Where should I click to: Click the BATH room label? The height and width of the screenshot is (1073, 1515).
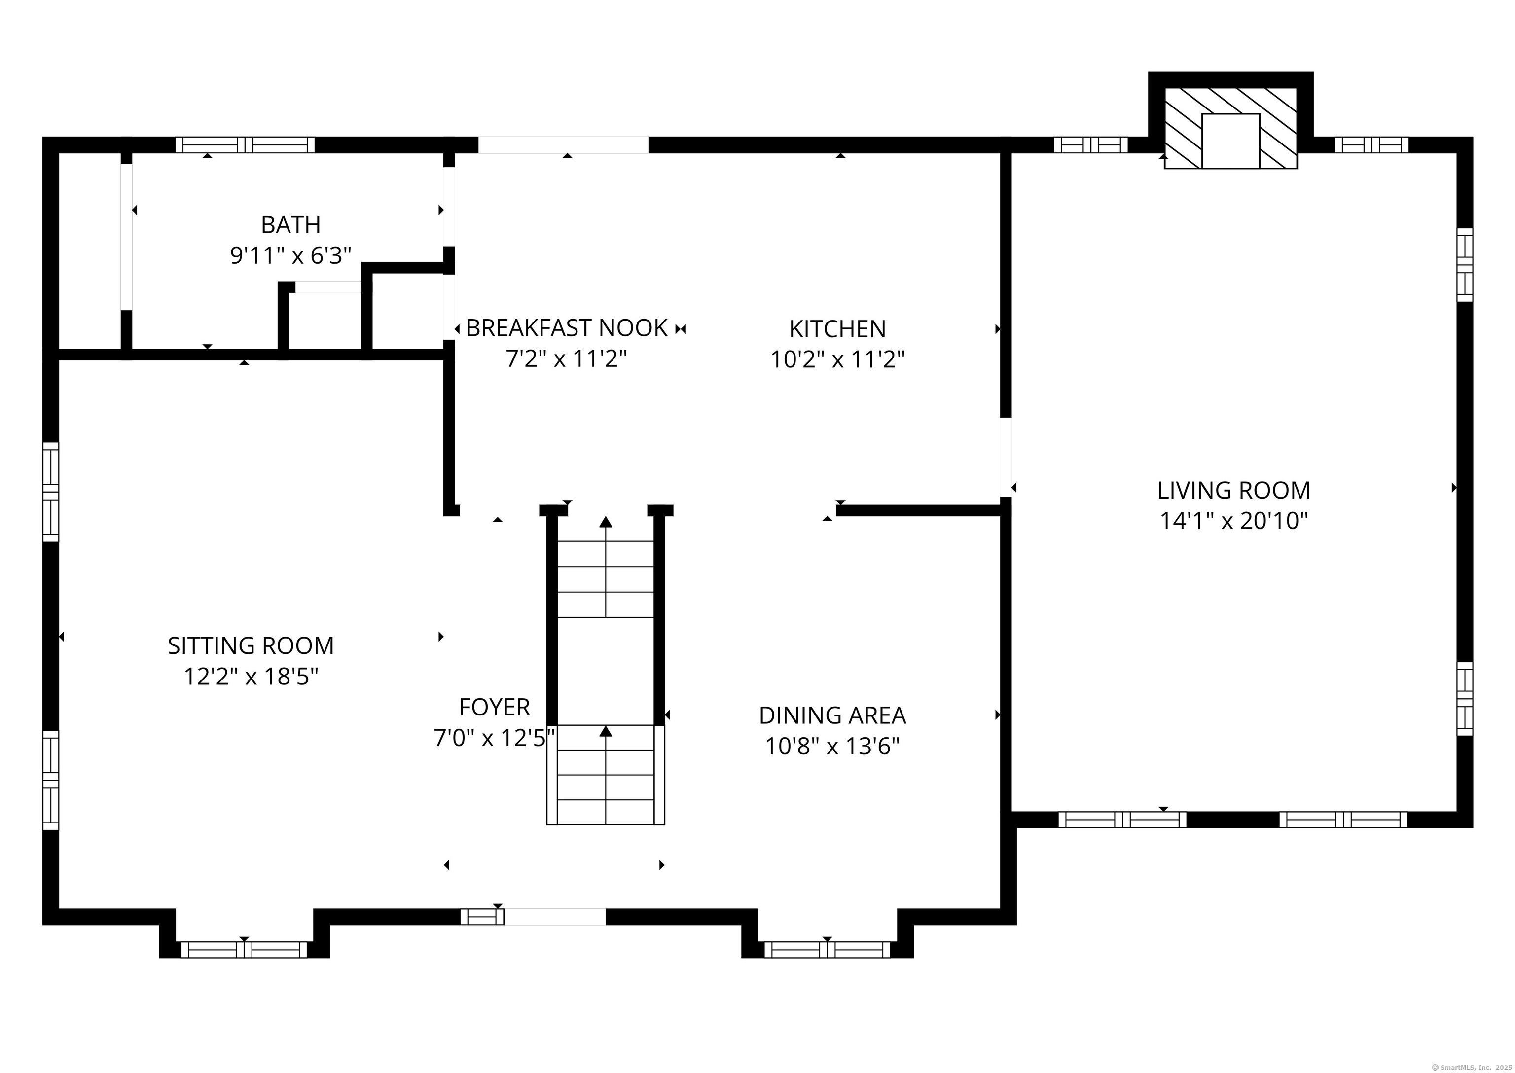point(290,225)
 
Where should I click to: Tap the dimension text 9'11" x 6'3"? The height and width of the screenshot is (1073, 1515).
point(290,256)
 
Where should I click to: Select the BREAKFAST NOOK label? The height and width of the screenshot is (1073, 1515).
point(567,328)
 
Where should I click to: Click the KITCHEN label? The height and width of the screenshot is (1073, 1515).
point(837,329)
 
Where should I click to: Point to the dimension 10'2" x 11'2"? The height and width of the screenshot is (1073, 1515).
point(837,360)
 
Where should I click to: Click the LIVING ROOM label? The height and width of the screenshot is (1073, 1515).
point(1233,490)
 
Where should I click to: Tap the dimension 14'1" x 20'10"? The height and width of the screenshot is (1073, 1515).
point(1233,521)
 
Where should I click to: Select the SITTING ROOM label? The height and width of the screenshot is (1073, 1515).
point(251,645)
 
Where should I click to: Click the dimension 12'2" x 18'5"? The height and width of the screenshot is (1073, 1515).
point(251,677)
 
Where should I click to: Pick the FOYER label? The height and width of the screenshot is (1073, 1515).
point(494,707)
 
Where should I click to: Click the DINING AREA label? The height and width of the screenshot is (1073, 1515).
point(832,715)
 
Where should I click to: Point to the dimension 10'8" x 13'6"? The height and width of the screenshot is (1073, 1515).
point(832,746)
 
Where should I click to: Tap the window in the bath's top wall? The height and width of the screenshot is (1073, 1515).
point(245,144)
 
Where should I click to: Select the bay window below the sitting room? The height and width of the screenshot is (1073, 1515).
point(244,949)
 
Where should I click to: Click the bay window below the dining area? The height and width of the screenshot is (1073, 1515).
point(827,949)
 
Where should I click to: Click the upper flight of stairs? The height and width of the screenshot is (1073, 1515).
point(605,578)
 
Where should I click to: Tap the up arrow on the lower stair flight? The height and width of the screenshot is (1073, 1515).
point(605,731)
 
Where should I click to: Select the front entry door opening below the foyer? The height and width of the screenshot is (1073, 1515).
point(554,916)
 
